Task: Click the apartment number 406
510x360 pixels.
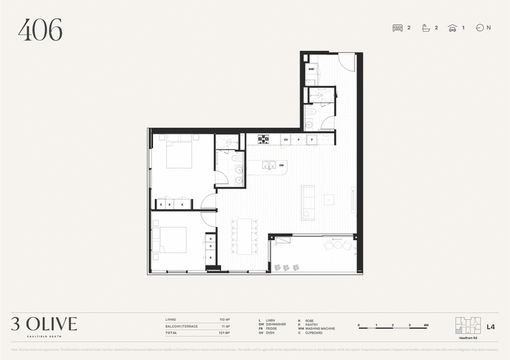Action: (x=40, y=29)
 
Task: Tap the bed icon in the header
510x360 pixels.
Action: (x=398, y=28)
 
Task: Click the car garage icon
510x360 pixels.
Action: (x=452, y=28)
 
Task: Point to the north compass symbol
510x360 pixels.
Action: (x=480, y=28)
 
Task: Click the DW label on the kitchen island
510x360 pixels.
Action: (x=281, y=165)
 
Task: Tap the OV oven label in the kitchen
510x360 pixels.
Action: (x=286, y=139)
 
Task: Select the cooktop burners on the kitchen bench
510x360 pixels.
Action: (x=261, y=139)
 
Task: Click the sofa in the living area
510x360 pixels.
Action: (x=308, y=203)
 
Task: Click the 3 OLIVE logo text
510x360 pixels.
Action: (x=44, y=324)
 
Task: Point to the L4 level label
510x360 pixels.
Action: (x=490, y=328)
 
